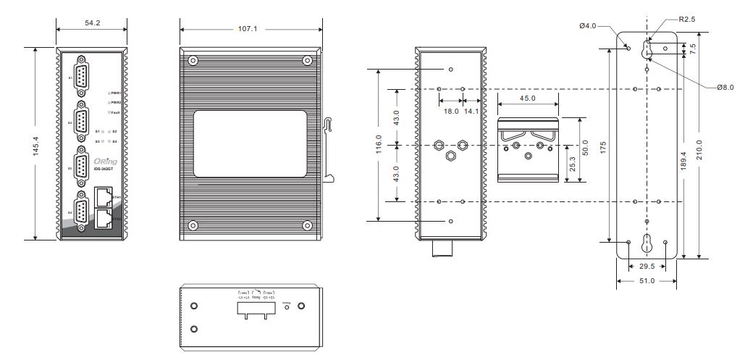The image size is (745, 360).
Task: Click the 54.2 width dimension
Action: [92, 23]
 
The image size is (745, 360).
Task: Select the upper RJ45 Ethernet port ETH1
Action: [103, 196]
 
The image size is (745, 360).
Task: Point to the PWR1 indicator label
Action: [115, 93]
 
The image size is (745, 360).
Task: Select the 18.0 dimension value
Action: [451, 112]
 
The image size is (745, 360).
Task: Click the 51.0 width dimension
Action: [647, 280]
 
